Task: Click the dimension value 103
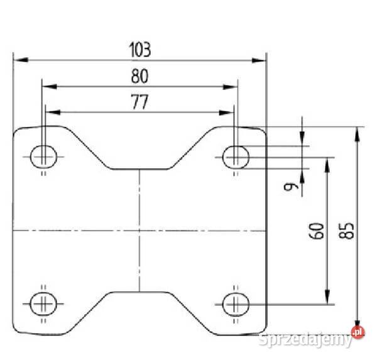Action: (140, 48)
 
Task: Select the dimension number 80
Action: (139, 76)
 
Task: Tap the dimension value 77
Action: (139, 102)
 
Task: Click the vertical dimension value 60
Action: (319, 231)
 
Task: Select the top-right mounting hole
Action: (236, 154)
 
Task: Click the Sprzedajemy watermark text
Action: (304, 340)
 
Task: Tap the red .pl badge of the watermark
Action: (358, 332)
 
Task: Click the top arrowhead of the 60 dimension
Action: (327, 163)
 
